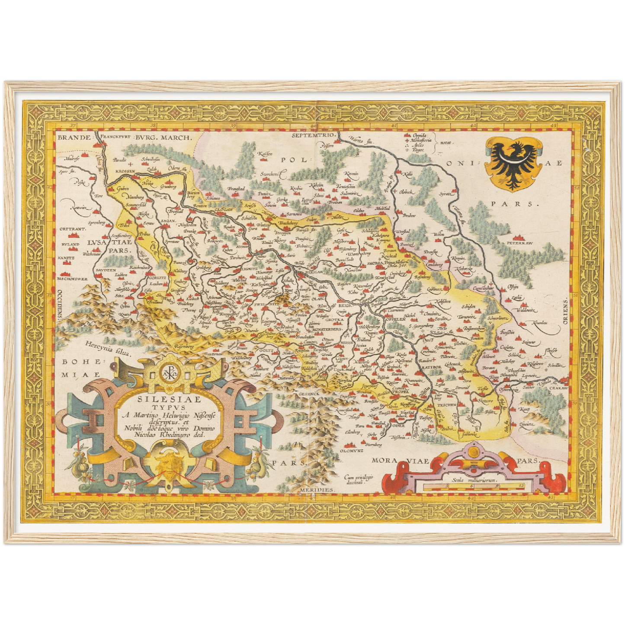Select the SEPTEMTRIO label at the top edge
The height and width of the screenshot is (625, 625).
pos(314,135)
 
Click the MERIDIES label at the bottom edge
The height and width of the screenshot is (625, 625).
pos(317,489)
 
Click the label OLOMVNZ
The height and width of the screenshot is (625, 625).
pos(350,451)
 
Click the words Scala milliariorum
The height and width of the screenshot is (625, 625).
pos(474,480)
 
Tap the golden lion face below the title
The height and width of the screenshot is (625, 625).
pos(164,462)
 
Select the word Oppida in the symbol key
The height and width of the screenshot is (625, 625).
pos(420,135)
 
